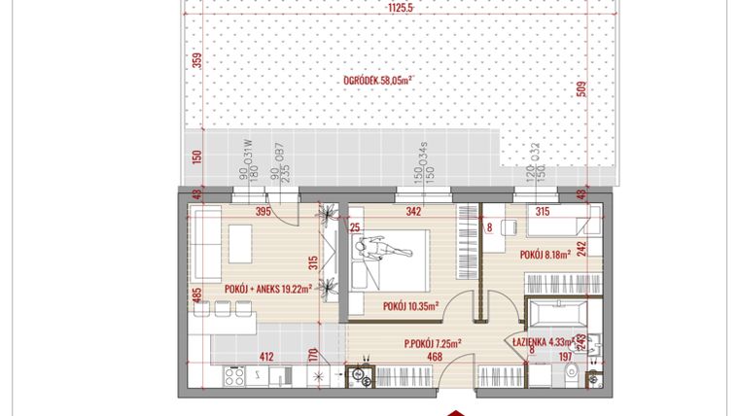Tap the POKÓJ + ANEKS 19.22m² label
pos(267,289)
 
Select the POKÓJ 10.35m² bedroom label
pos(408,305)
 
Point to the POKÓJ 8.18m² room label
pos(545,256)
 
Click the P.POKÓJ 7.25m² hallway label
pos(432,342)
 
